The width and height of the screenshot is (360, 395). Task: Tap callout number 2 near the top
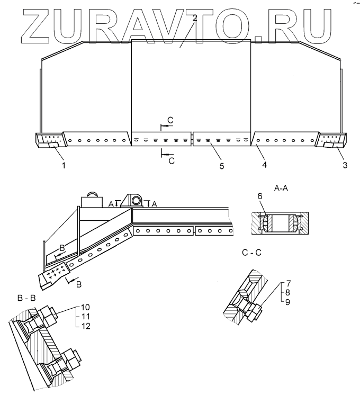point(195,18)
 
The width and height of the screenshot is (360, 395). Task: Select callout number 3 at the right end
point(345,165)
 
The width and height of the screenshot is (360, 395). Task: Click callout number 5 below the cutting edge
point(222,165)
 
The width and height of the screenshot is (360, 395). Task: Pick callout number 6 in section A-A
point(260,197)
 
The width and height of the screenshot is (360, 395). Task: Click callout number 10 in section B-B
point(85,307)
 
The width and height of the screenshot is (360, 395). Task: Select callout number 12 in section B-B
point(85,326)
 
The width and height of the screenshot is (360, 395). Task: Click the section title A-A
point(281,187)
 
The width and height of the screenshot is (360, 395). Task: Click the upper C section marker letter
point(169,121)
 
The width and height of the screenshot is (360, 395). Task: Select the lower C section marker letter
point(171,160)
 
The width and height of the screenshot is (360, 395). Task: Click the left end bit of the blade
point(49,140)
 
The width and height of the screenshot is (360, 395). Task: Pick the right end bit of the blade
point(331,140)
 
